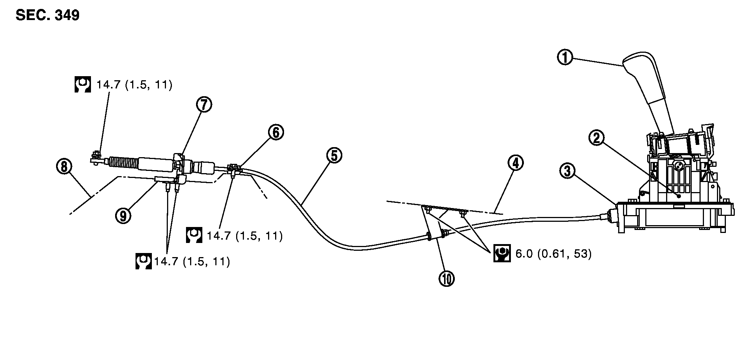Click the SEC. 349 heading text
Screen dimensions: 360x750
(48, 16)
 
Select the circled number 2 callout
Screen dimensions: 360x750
(596, 138)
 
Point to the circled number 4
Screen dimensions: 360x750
(515, 163)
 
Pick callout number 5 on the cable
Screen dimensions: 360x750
(334, 155)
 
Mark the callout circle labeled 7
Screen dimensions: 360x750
(204, 105)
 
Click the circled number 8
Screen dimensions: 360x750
(64, 166)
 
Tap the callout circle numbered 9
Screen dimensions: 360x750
(123, 215)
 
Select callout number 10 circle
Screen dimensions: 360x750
(446, 278)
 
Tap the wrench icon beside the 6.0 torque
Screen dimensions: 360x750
(502, 253)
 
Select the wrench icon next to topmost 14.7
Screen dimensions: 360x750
(82, 85)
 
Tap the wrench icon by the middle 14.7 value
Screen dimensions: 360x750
(194, 235)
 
